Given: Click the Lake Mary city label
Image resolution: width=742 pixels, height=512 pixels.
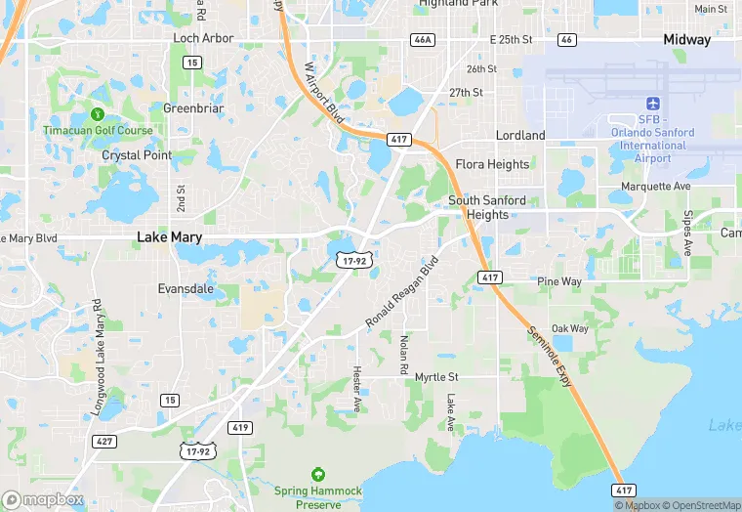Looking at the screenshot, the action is [x=170, y=236].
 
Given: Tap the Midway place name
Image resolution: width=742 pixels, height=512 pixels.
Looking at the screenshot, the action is [x=686, y=40].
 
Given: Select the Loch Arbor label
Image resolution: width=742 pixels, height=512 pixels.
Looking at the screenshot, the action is [x=203, y=38].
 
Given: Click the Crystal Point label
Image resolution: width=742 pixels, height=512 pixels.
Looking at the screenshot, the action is [x=137, y=155].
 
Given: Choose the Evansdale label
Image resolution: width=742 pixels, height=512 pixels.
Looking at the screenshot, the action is [x=186, y=289].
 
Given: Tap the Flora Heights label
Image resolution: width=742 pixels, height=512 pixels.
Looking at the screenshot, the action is [x=493, y=164].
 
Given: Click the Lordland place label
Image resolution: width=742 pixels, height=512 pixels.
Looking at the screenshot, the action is [x=520, y=135].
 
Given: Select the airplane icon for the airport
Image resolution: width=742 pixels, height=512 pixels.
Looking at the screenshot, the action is [x=653, y=104].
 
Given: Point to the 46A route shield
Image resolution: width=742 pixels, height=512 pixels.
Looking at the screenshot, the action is [x=422, y=40].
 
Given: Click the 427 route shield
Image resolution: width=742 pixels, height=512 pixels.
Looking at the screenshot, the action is [x=103, y=442].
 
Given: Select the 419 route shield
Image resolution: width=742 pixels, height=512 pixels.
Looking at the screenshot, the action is [x=240, y=428].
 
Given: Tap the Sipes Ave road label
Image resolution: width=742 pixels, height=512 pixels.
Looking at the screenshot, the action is [x=687, y=234].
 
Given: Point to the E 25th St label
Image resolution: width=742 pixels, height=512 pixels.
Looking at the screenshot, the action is [x=511, y=39].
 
